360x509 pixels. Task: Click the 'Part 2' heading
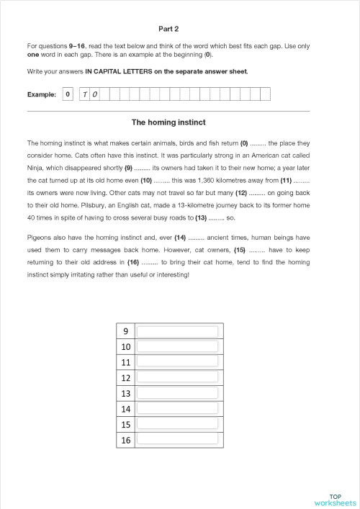point(168,29)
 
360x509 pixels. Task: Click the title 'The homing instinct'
point(168,122)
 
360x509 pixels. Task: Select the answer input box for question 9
point(177,332)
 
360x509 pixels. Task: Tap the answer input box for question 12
point(177,377)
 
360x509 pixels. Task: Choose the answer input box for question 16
point(177,439)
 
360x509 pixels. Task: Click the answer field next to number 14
point(177,408)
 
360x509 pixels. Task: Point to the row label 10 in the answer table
point(125,347)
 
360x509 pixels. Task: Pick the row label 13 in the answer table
point(125,393)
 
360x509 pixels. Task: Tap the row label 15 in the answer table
point(125,424)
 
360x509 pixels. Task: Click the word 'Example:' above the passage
point(42,95)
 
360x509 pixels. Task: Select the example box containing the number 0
point(68,94)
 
